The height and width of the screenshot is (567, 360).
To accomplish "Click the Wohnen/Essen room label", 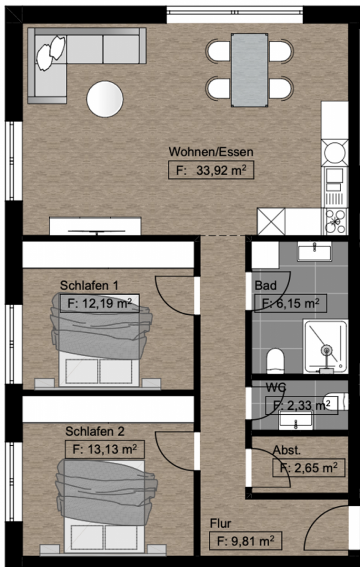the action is pos(211,152).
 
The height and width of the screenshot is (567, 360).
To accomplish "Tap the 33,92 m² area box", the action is pos(212,171).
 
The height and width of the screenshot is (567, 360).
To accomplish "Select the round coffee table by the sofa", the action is pos(105,99).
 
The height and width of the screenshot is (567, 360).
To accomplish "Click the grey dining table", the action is pos(250,70).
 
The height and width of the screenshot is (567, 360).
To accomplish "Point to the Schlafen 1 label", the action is pos(89,285).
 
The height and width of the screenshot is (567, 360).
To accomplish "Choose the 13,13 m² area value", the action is pos(105,450).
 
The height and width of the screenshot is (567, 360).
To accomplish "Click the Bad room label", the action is pos(265,285).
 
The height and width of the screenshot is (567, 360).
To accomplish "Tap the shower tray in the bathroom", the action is pos(326,347).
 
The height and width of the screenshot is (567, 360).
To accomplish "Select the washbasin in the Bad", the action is pos(314,251).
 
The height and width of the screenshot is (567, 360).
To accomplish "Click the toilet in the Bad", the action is pos(275,360).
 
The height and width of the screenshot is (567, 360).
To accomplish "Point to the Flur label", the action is pos(220,523).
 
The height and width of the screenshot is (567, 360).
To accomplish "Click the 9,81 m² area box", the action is pos(246,542).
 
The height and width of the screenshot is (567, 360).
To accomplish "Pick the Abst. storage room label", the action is pos(287,450).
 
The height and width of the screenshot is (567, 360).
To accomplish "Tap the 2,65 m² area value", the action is pos(308,468).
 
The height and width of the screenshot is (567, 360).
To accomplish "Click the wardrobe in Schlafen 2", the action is pos(109,409).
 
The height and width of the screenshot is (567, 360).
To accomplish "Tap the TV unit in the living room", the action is pos(95,226).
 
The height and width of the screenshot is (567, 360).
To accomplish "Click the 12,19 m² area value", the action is pos(100,303).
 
